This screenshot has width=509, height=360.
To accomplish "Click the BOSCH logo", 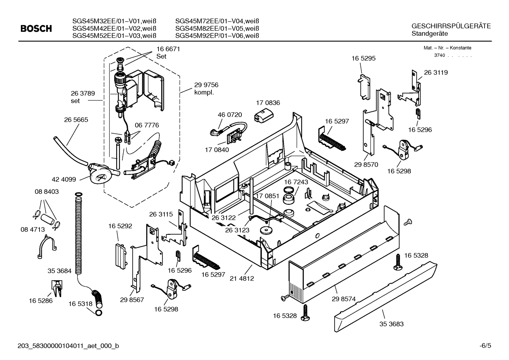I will tap(36, 29).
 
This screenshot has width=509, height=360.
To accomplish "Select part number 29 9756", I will tap(206, 85).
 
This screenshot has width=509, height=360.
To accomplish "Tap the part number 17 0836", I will tap(268, 103).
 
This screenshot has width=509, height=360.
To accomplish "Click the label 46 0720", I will tap(230, 115).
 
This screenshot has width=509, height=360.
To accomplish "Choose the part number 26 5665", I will tap(76, 120).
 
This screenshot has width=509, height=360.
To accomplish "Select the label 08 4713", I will tap(32, 230).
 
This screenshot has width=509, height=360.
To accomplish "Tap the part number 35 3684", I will tap(59, 271).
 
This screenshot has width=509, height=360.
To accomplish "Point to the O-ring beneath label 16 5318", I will tap(99, 313).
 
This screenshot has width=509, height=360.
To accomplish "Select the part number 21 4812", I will tap(242, 278).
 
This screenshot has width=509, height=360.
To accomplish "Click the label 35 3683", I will tap(391, 324).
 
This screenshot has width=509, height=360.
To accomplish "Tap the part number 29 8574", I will tap(343, 299).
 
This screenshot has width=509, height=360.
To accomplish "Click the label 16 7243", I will tap(296, 182).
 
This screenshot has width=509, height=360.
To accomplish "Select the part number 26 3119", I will tap(436, 72).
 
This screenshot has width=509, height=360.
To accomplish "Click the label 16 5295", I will tap(363, 58).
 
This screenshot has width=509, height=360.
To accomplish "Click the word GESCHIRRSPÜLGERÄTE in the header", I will tap(451, 26).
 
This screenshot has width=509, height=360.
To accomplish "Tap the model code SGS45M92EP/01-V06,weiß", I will tap(217, 36).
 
